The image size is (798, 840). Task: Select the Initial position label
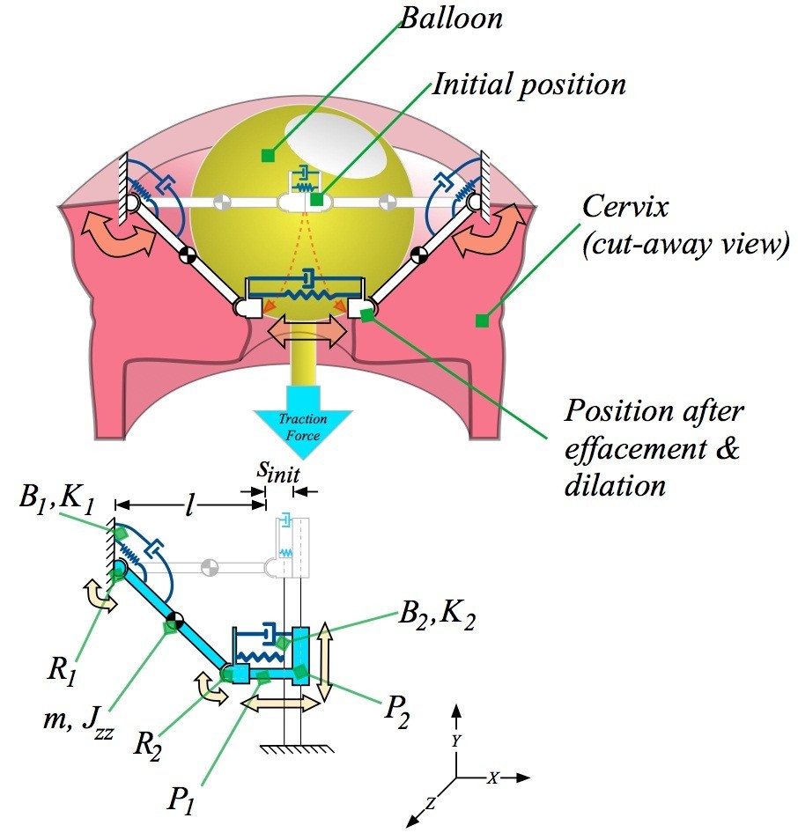pyautogui.click(x=528, y=85)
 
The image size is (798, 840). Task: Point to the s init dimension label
pyautogui.click(x=278, y=472)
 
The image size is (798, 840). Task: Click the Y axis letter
pyautogui.click(x=456, y=742)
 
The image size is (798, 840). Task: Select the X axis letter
pyautogui.click(x=494, y=777)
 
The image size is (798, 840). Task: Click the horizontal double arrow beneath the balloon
pyautogui.click(x=301, y=335)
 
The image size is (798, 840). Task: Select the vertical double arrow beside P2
pyautogui.click(x=325, y=661)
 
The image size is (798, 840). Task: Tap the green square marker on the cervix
pyautogui.click(x=481, y=321)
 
